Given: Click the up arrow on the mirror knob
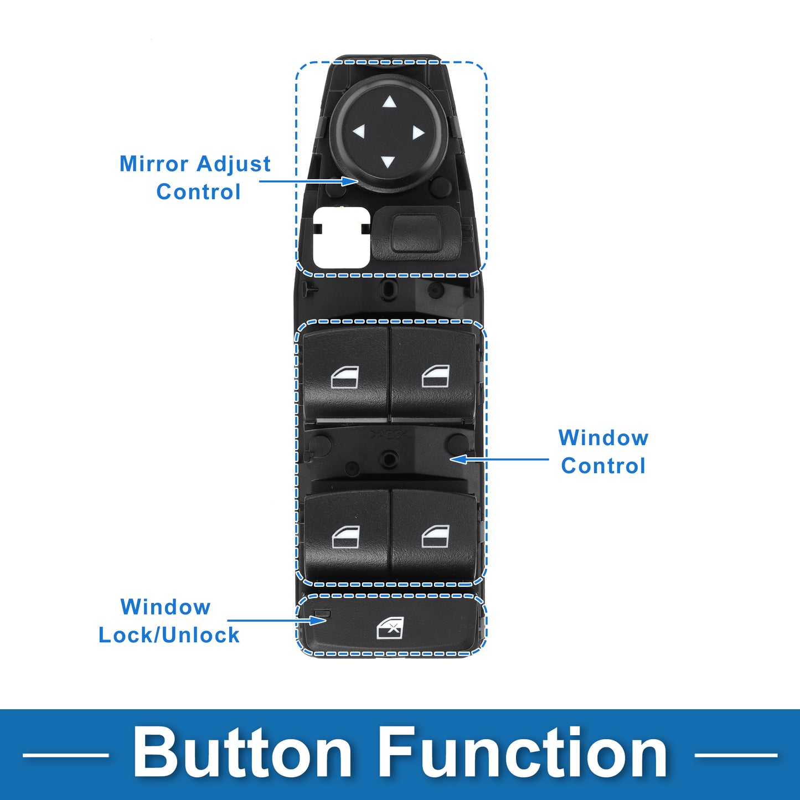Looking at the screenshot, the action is coord(389,102).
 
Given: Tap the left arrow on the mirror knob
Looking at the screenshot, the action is coord(358,132).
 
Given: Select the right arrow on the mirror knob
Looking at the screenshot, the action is coord(419,133).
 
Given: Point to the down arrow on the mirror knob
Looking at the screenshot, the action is coord(388,162).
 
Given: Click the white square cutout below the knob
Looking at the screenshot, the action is coord(341,238).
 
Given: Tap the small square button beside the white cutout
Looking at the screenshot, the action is coord(415,233).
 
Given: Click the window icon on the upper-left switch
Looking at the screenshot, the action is coord(345,378).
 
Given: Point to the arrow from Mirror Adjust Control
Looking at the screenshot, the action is coord(308,181).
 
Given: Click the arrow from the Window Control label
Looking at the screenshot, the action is coord(499,459).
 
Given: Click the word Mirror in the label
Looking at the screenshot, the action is coord(155,163).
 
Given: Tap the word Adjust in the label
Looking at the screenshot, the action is coord(234,164).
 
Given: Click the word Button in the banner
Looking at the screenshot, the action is coord(242,755).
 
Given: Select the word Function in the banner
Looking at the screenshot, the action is coord(522,755).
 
